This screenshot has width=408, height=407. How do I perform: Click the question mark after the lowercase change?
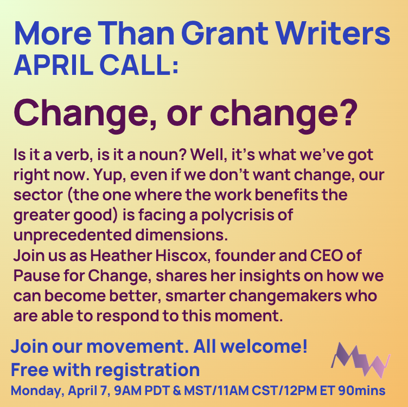point(347,112)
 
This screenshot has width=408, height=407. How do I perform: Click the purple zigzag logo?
point(360,359)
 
